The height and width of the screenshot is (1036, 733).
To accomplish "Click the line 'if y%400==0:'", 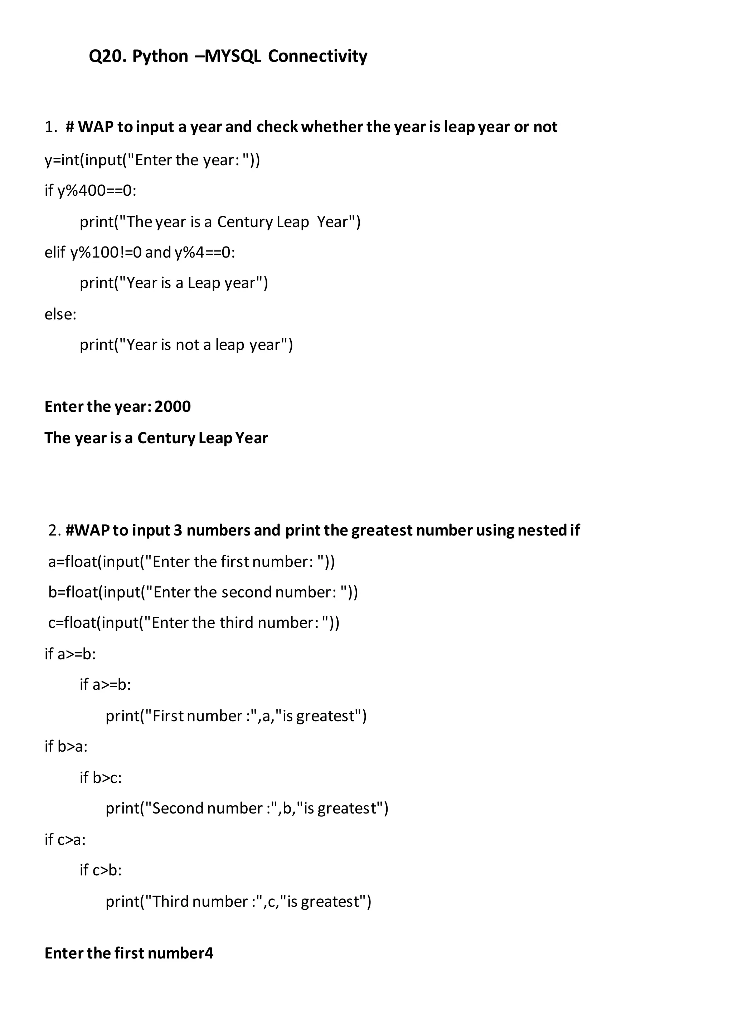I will pos(90,190).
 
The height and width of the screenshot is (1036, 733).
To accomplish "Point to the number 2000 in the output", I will pos(173,406).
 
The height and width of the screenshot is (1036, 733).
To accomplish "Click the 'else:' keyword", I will pos(60,314).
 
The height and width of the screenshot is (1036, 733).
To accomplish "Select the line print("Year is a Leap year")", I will pos(174,283).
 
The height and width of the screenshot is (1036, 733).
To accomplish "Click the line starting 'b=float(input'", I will pos(203,592).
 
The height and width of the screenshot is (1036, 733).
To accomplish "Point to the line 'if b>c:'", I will pos(101,777).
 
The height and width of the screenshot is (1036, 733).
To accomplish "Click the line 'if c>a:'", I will pos(65,839).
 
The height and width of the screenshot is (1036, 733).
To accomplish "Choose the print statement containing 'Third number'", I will pos(238,901).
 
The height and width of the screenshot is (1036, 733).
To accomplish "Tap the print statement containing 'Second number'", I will pos(247,808).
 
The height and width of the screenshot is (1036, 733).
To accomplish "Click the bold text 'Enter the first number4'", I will pos(129,953).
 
